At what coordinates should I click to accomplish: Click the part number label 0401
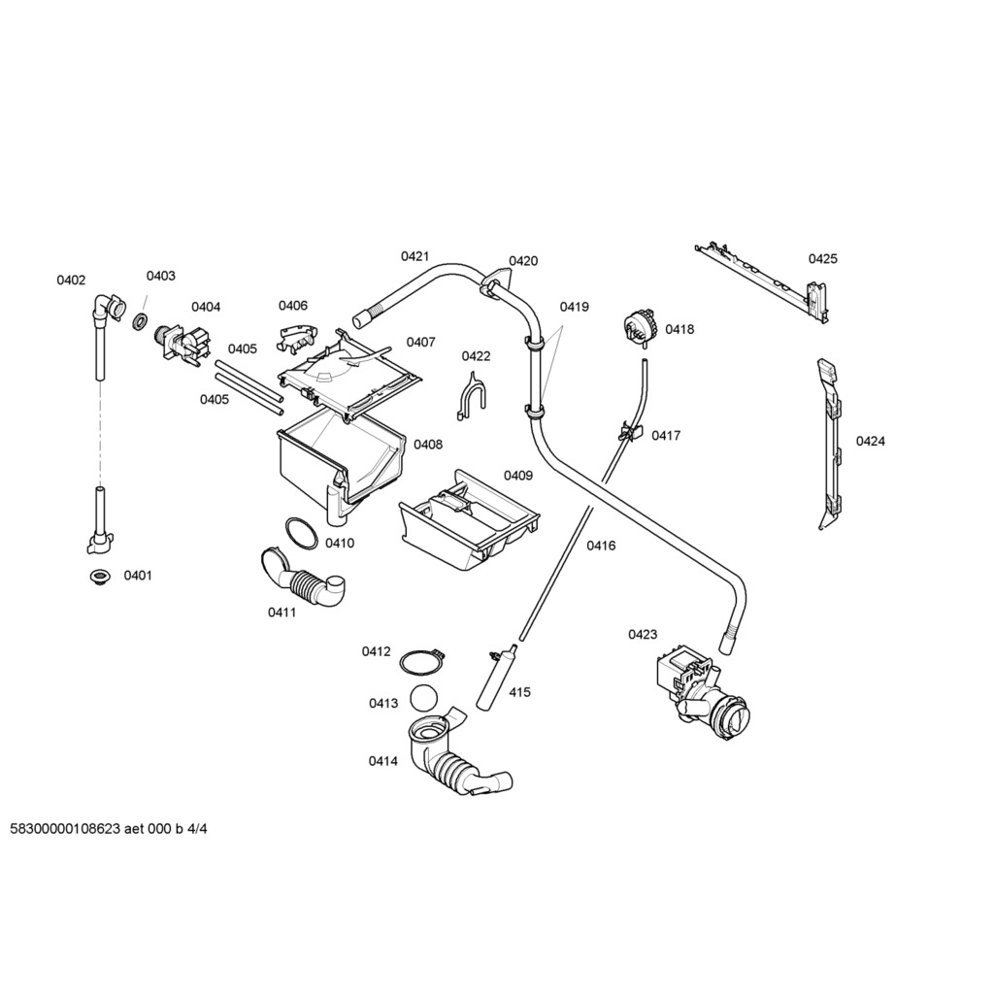[138, 576]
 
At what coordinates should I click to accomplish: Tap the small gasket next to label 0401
[97, 578]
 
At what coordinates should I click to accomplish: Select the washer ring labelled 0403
[140, 321]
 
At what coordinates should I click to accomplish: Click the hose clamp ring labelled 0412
[420, 662]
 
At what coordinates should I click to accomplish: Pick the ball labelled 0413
[423, 700]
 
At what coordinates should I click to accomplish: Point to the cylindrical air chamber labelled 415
[494, 679]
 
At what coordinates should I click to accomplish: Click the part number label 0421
[414, 256]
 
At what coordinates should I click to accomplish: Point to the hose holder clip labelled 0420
[494, 281]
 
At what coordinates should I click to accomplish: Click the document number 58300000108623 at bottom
[65, 830]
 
